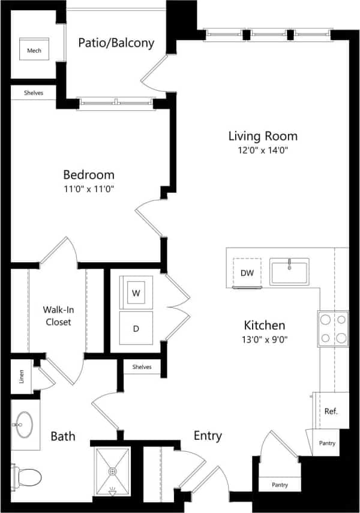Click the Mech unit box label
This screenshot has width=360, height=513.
tap(34, 51)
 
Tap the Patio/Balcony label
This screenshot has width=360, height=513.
tap(116, 43)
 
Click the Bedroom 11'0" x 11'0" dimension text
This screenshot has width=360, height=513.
tap(89, 189)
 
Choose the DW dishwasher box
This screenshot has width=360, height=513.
tap(247, 273)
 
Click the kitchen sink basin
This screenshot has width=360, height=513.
tap(289, 271)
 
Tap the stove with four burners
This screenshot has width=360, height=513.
tap(333, 328)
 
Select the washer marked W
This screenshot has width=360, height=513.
tap(136, 293)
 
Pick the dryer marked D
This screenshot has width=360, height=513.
tap(136, 329)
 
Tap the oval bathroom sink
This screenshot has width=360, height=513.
tap(25, 425)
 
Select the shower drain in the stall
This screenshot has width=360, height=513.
tap(112, 472)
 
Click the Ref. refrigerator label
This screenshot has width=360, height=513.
tap(331, 412)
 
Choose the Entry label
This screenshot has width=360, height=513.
tap(208, 436)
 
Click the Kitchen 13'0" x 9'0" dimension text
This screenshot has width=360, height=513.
tap(264, 339)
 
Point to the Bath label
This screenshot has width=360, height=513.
tap(62, 436)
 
